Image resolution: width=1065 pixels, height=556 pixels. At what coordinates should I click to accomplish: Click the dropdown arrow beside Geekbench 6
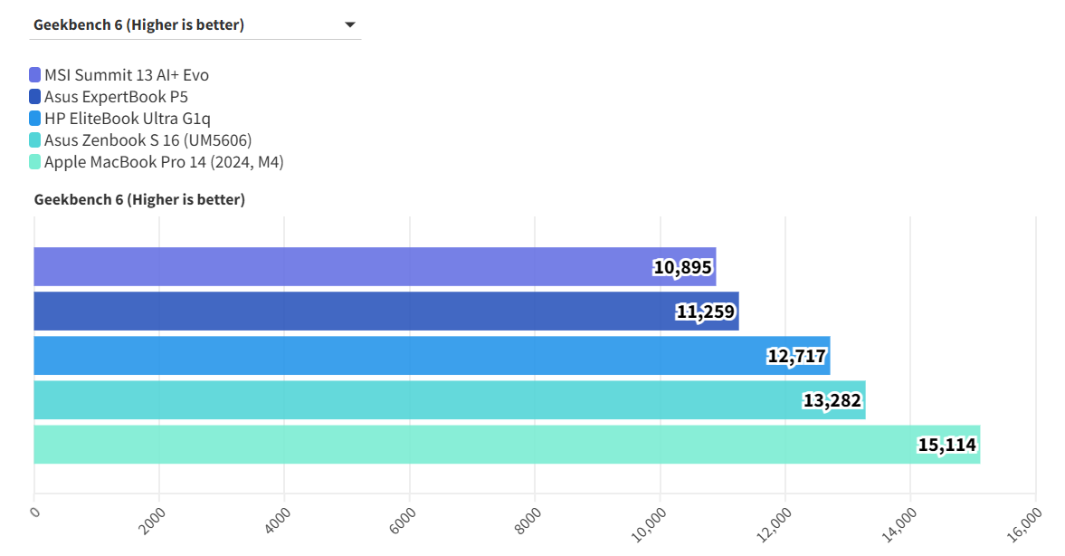click(x=350, y=25)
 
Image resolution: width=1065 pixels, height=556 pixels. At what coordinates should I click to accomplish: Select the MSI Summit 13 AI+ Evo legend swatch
click(x=35, y=75)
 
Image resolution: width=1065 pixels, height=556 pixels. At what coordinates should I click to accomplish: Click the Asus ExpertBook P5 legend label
click(x=116, y=97)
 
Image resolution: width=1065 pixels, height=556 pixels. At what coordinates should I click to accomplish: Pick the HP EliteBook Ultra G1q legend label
click(x=128, y=119)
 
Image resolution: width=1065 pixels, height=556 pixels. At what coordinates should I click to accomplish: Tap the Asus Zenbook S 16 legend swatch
click(x=35, y=140)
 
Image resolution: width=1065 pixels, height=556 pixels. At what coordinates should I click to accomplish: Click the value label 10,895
click(x=683, y=267)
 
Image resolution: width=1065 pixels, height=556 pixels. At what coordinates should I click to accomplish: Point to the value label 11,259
click(x=706, y=312)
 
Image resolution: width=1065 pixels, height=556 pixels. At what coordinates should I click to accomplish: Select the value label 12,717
click(x=797, y=356)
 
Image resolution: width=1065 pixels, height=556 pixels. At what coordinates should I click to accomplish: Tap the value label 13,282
click(x=832, y=400)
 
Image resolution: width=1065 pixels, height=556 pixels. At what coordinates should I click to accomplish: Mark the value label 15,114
click(x=947, y=445)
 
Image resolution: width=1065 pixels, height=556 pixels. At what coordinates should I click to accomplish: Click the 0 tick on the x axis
click(x=35, y=512)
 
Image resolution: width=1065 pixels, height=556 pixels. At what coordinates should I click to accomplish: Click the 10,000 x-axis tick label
click(x=649, y=522)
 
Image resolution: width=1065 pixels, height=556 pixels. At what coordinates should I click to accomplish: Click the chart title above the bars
click(x=139, y=199)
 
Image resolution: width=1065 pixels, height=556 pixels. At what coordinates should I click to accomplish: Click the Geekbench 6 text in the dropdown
click(x=138, y=25)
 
